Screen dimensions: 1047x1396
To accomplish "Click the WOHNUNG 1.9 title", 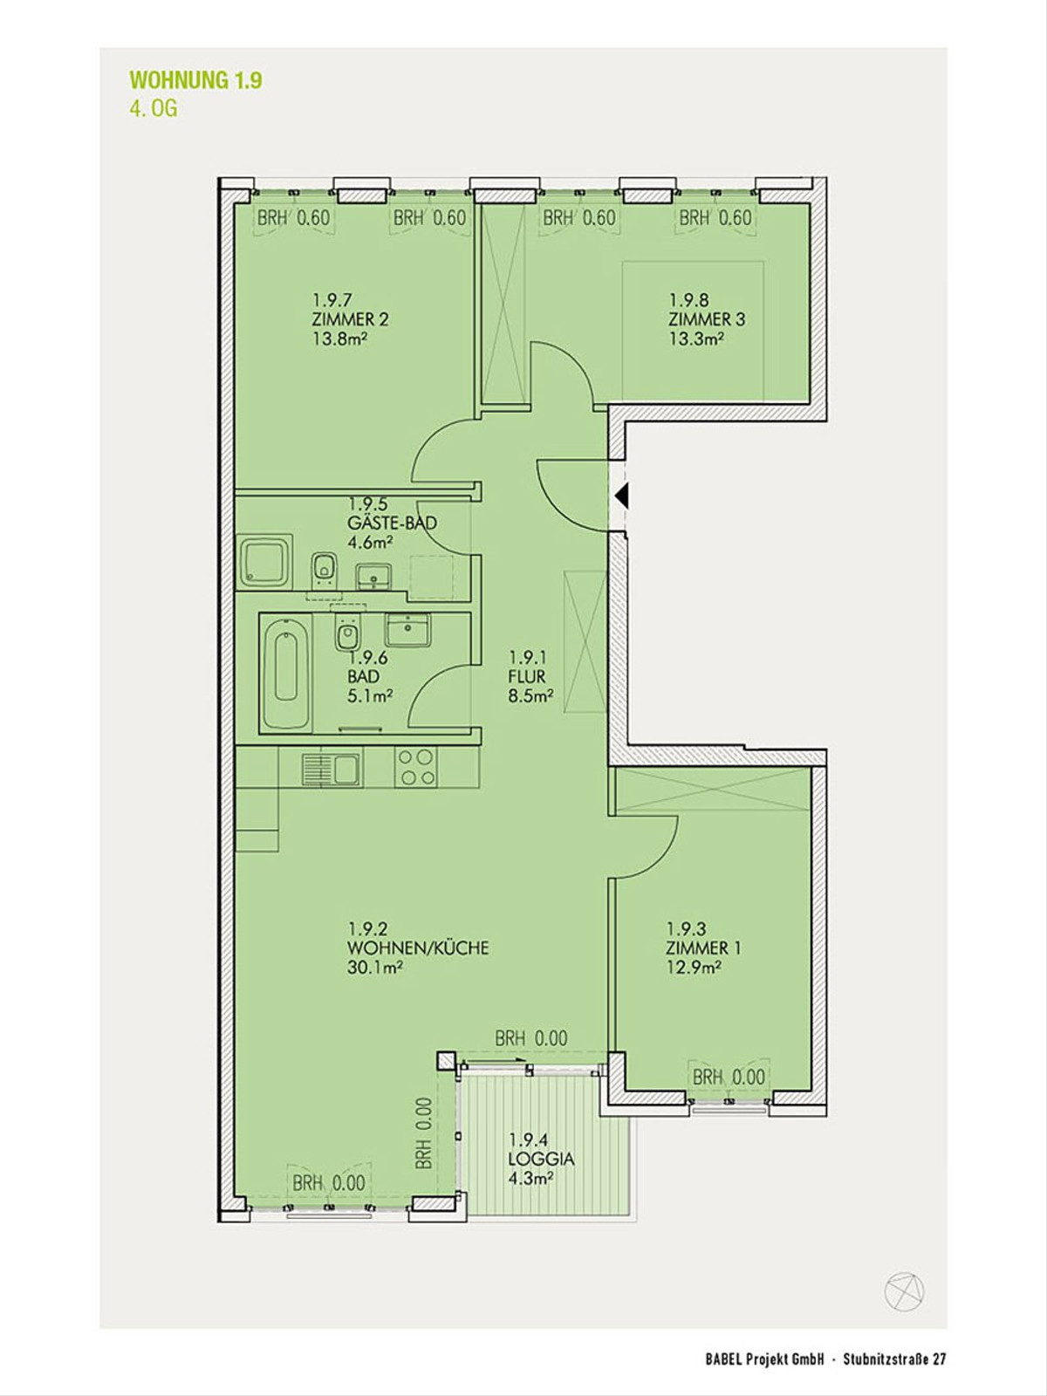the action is [x=195, y=81].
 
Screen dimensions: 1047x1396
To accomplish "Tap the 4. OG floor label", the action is [x=154, y=109].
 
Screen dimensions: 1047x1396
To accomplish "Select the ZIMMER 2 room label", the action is [x=350, y=318].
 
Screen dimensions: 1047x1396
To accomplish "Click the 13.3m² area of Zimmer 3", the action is [x=697, y=339].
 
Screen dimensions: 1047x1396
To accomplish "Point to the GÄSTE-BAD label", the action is [x=393, y=523].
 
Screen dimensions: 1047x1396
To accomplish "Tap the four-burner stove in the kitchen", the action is [x=416, y=766].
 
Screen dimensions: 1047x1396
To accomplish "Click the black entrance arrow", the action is [x=621, y=495].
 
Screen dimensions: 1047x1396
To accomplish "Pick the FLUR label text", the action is [x=526, y=677].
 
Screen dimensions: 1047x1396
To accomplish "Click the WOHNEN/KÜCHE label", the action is [x=418, y=948].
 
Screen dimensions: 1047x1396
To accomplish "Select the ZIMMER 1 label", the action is [x=703, y=948].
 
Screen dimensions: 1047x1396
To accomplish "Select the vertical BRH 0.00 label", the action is [x=425, y=1133].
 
